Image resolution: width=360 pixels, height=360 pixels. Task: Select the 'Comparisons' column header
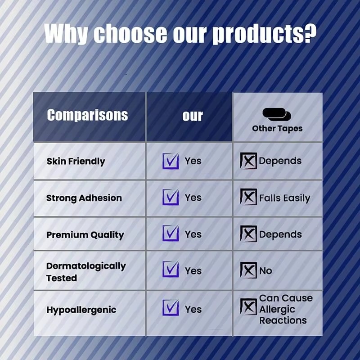pyautogui.click(x=87, y=115)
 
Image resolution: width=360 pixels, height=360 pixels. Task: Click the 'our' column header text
pyautogui.click(x=193, y=116)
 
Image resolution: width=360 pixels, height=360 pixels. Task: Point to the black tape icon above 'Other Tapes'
pyautogui.click(x=277, y=114)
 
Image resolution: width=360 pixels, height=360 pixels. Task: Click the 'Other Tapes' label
pyautogui.click(x=277, y=128)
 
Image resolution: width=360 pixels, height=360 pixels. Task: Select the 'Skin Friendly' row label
pyautogui.click(x=76, y=161)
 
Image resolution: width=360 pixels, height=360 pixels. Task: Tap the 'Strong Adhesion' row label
pyautogui.click(x=84, y=198)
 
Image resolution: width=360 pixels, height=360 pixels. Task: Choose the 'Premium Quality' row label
pyautogui.click(x=85, y=234)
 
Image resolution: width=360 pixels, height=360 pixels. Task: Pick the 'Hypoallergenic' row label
pyautogui.click(x=81, y=310)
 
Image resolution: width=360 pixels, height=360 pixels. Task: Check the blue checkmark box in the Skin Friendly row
pyautogui.click(x=171, y=161)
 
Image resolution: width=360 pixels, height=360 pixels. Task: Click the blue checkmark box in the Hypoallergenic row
pyautogui.click(x=171, y=308)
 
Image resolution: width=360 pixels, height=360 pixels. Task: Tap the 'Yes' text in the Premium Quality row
pyautogui.click(x=193, y=234)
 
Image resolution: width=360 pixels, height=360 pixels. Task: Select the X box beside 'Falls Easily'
pyautogui.click(x=248, y=197)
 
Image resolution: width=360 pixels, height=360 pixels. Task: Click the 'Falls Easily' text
pyautogui.click(x=284, y=198)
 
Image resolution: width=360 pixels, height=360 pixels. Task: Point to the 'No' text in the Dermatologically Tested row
pyautogui.click(x=265, y=271)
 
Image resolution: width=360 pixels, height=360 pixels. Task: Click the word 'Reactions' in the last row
pyautogui.click(x=283, y=320)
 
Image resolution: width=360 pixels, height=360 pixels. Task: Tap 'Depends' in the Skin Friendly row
pyautogui.click(x=280, y=161)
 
